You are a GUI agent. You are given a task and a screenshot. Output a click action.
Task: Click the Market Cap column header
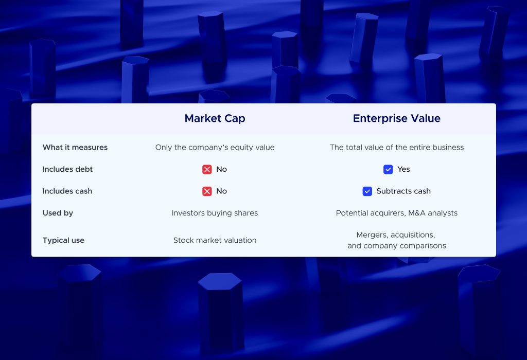pyautogui.click(x=215, y=118)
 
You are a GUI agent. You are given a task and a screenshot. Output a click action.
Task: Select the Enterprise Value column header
pyautogui.click(x=396, y=118)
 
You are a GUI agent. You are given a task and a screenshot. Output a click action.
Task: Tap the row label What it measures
pyautogui.click(x=75, y=148)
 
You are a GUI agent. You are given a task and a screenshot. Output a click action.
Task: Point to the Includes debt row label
pyautogui.click(x=67, y=169)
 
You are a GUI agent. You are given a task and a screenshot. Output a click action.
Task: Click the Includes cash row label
pyautogui.click(x=67, y=191)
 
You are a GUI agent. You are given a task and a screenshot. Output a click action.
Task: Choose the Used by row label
pyautogui.click(x=58, y=213)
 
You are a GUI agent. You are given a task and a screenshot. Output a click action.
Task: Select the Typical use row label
pyautogui.click(x=63, y=240)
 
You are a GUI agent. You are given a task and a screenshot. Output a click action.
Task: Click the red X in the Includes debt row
pyautogui.click(x=207, y=169)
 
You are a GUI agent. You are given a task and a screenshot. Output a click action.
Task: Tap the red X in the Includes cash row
pyautogui.click(x=207, y=191)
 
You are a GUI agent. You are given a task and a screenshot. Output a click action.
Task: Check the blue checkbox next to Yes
pyautogui.click(x=388, y=169)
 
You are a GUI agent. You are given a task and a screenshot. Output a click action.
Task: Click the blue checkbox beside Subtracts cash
pyautogui.click(x=367, y=191)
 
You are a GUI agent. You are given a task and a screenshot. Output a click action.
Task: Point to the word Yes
pyautogui.click(x=403, y=169)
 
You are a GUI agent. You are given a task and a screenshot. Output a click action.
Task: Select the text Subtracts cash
pyautogui.click(x=403, y=191)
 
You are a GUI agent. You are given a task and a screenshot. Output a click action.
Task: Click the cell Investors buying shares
pyautogui.click(x=215, y=213)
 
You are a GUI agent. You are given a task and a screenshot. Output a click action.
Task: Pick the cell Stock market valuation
pyautogui.click(x=215, y=240)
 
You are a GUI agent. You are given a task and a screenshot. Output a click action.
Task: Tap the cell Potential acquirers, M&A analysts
pyautogui.click(x=396, y=213)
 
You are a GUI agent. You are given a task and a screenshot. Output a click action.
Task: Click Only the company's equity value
pyautogui.click(x=215, y=148)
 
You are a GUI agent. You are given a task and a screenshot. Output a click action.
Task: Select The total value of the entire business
pyautogui.click(x=396, y=148)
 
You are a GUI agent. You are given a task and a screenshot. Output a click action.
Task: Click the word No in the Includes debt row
pyautogui.click(x=221, y=169)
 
